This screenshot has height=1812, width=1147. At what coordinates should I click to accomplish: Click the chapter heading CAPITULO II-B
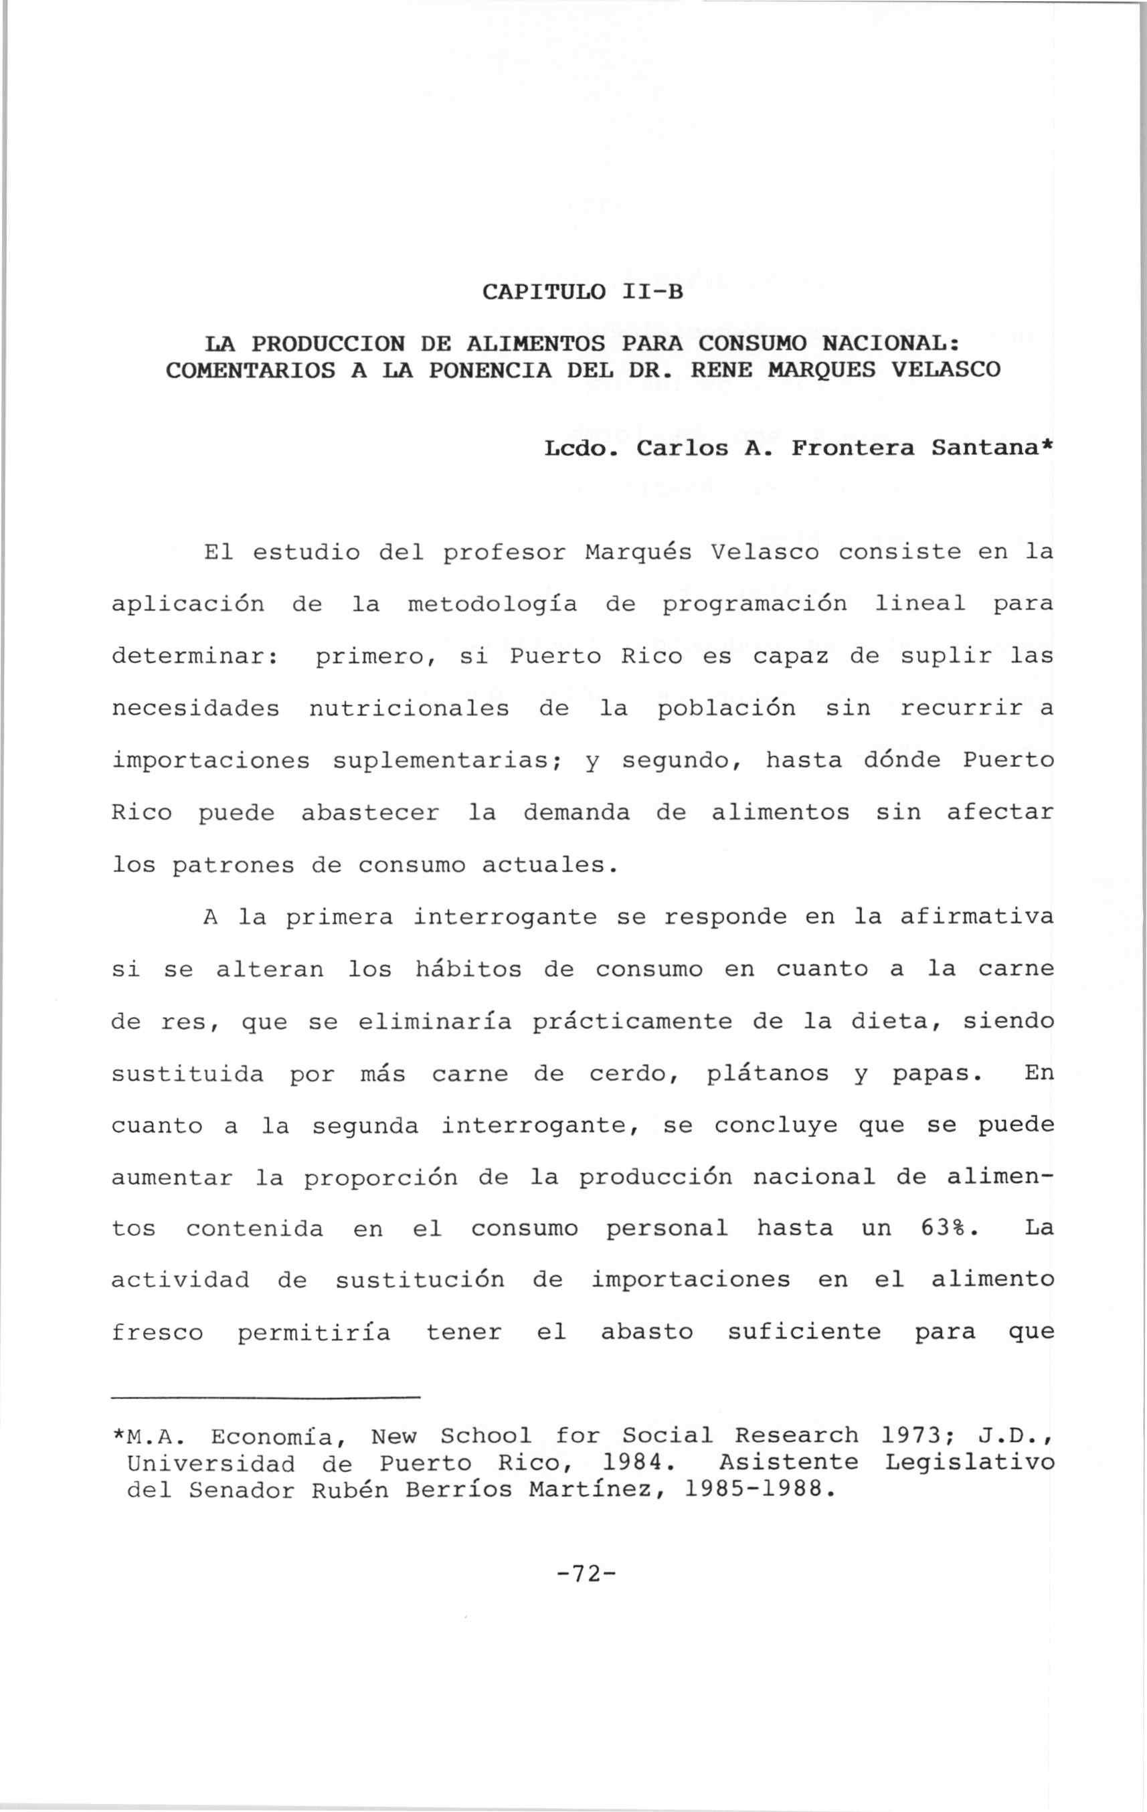(582, 291)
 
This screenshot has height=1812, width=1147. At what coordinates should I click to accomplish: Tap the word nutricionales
(409, 709)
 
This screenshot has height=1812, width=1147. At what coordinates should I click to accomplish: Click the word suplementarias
(454, 761)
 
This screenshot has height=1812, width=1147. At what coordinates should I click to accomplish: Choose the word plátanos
(768, 1074)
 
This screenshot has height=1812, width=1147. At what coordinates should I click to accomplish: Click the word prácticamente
(630, 1022)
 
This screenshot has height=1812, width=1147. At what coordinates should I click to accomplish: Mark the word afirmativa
(976, 917)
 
